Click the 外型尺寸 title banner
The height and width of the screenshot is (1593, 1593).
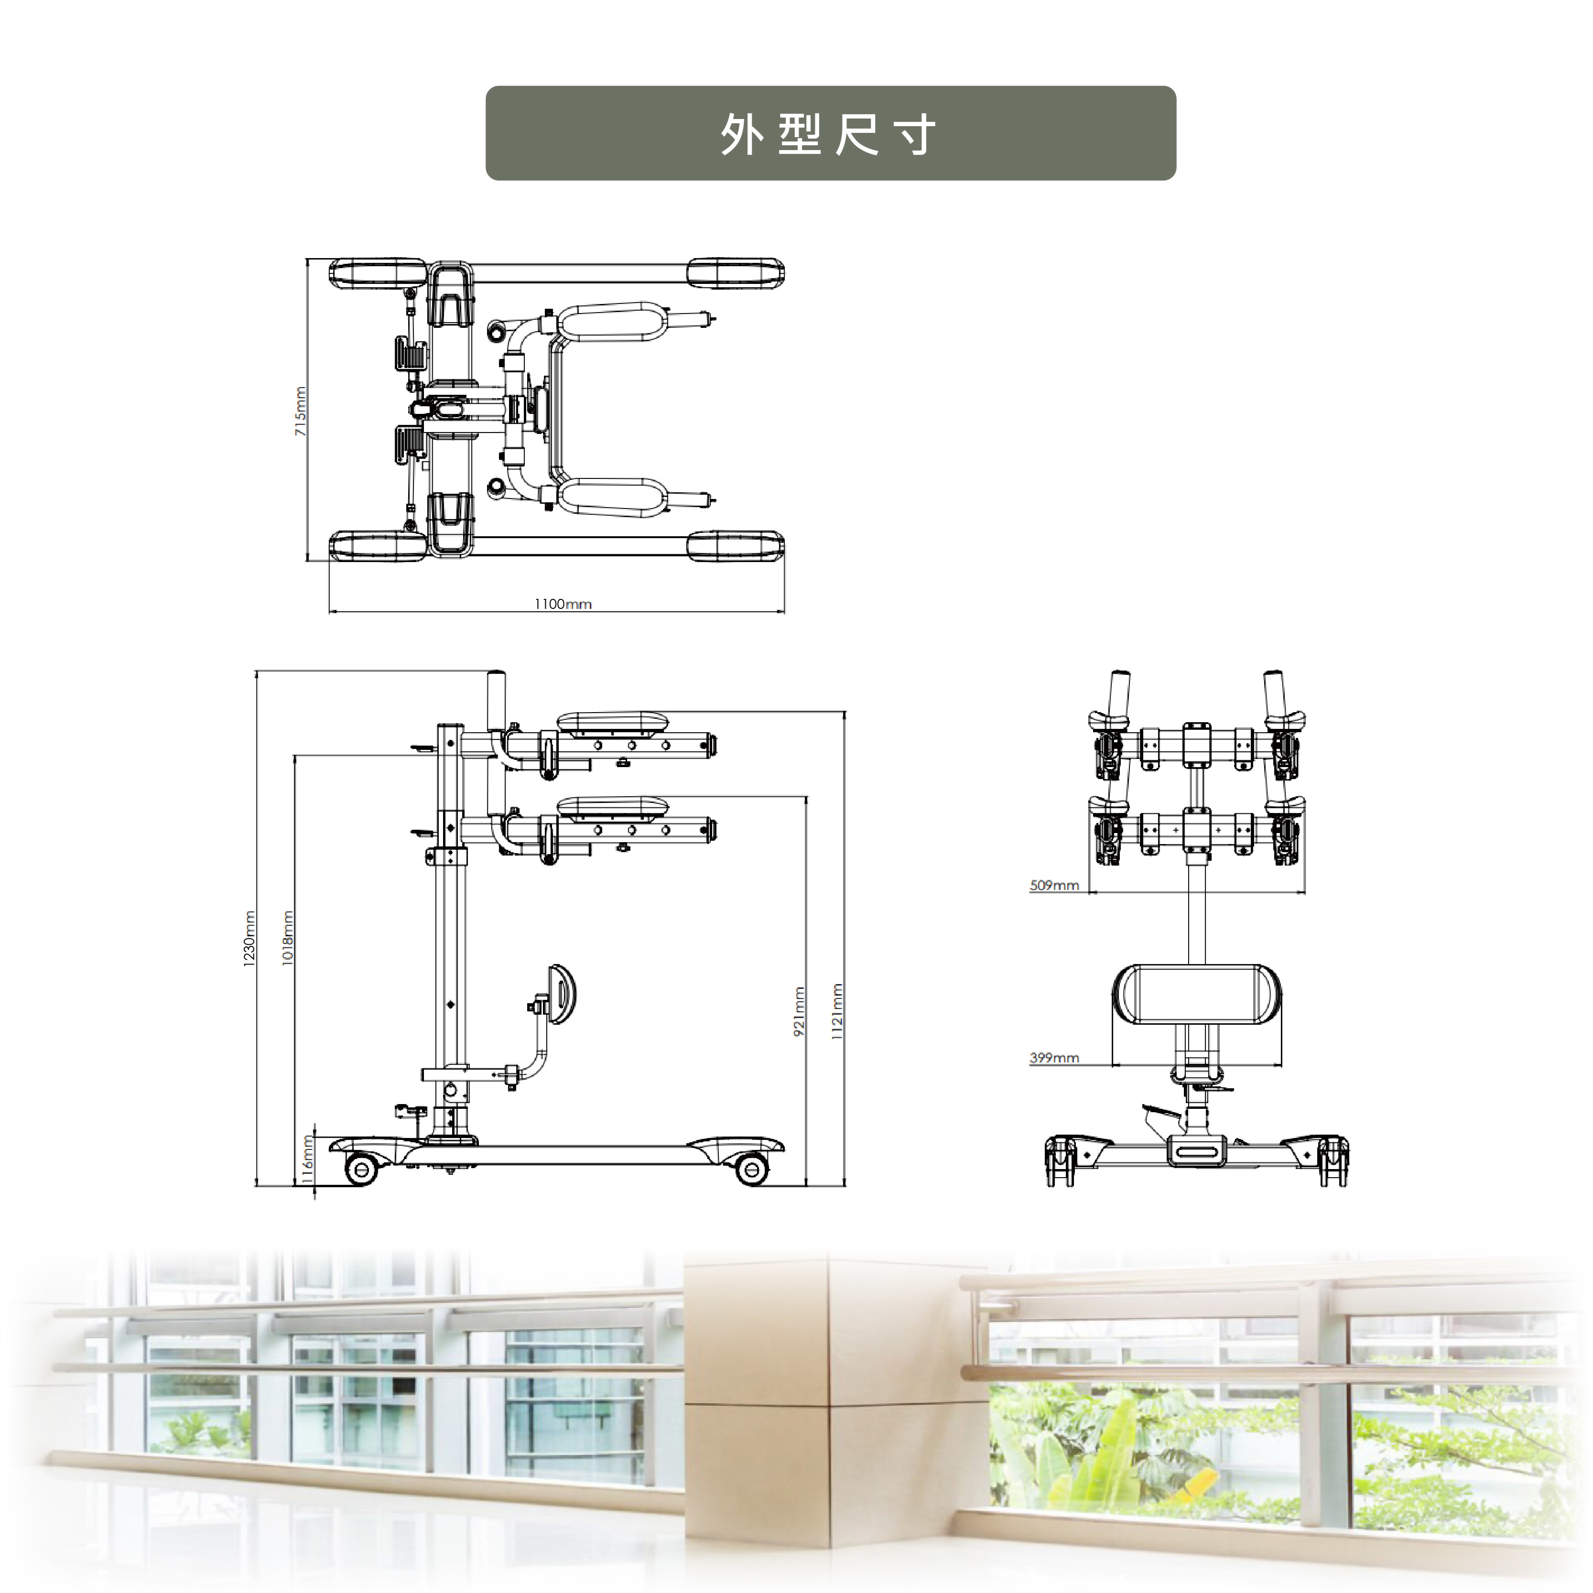coord(830,133)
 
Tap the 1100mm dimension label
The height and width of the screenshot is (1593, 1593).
coord(563,605)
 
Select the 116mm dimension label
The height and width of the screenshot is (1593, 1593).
coord(307,1159)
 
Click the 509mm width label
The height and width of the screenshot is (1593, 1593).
coord(1054,886)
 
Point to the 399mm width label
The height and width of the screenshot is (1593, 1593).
coord(1054,1058)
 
